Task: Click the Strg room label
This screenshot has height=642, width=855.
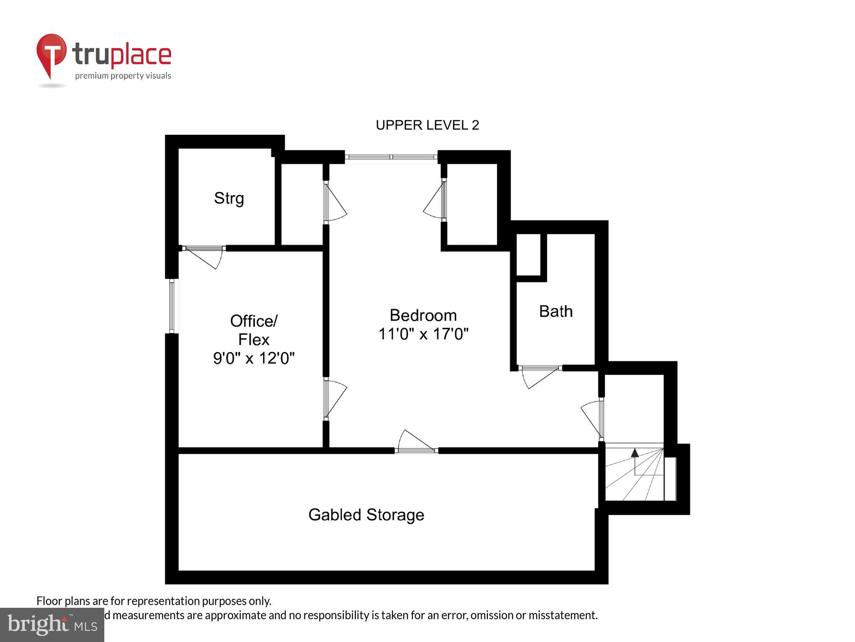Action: pos(229,198)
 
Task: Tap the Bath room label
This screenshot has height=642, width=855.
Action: pos(556,311)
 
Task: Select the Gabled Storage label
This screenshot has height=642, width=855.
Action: pos(366,514)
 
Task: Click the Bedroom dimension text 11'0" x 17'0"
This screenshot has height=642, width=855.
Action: pos(423,334)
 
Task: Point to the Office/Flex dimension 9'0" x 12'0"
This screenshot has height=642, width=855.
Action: pos(254,358)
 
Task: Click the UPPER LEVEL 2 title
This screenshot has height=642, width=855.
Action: pos(427,125)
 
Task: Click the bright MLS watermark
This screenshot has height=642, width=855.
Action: pos(52,625)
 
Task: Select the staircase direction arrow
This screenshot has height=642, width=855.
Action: pos(635,453)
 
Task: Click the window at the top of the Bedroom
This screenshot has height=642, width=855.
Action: pos(391,157)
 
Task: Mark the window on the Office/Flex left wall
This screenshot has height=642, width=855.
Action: pos(172,306)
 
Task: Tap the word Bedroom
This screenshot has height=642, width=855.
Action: pos(423,315)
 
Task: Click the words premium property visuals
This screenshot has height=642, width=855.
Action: pos(123,76)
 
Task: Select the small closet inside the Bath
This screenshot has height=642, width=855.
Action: pos(529,255)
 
